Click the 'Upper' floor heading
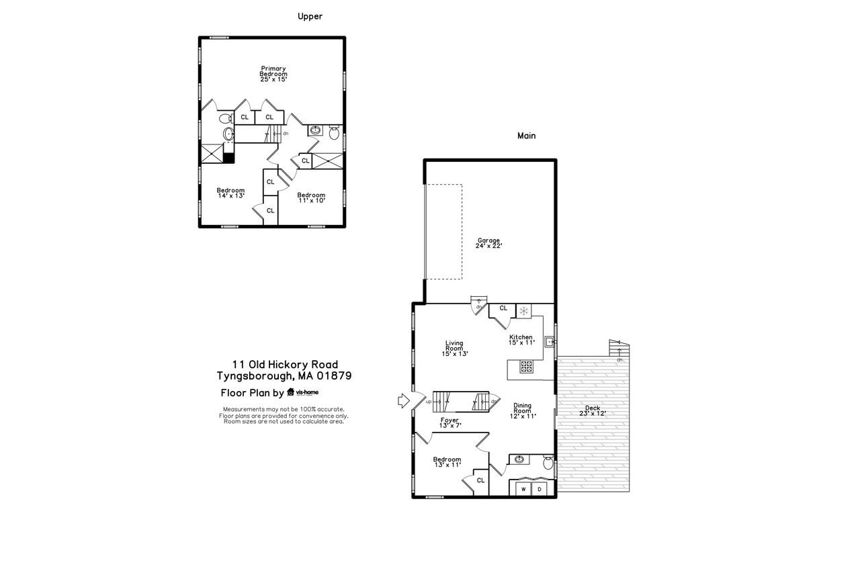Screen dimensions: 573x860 pos(310,16)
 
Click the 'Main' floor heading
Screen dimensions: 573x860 pos(526,136)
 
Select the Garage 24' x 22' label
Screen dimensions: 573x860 pos(488,243)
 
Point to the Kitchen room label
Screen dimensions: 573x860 pos(521,339)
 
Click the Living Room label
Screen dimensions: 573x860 pos(454,348)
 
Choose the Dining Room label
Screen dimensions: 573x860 pos(522,410)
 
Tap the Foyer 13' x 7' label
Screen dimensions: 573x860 pos(449,423)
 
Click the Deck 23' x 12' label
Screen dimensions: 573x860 pos(593,410)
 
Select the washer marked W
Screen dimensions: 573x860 pos(523,490)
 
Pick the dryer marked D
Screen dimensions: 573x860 pos(539,490)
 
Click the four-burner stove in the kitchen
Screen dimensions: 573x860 pos(527,367)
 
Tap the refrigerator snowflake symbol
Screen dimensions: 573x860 pos(524,310)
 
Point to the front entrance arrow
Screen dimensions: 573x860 pos(402,401)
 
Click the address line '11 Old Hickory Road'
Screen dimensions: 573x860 pos(286,364)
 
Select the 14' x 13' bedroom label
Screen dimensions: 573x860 pos(230,193)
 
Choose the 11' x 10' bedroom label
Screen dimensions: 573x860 pos(311,197)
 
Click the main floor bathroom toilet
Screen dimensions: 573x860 pos(548,463)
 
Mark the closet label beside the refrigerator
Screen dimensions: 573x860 pos(503,308)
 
